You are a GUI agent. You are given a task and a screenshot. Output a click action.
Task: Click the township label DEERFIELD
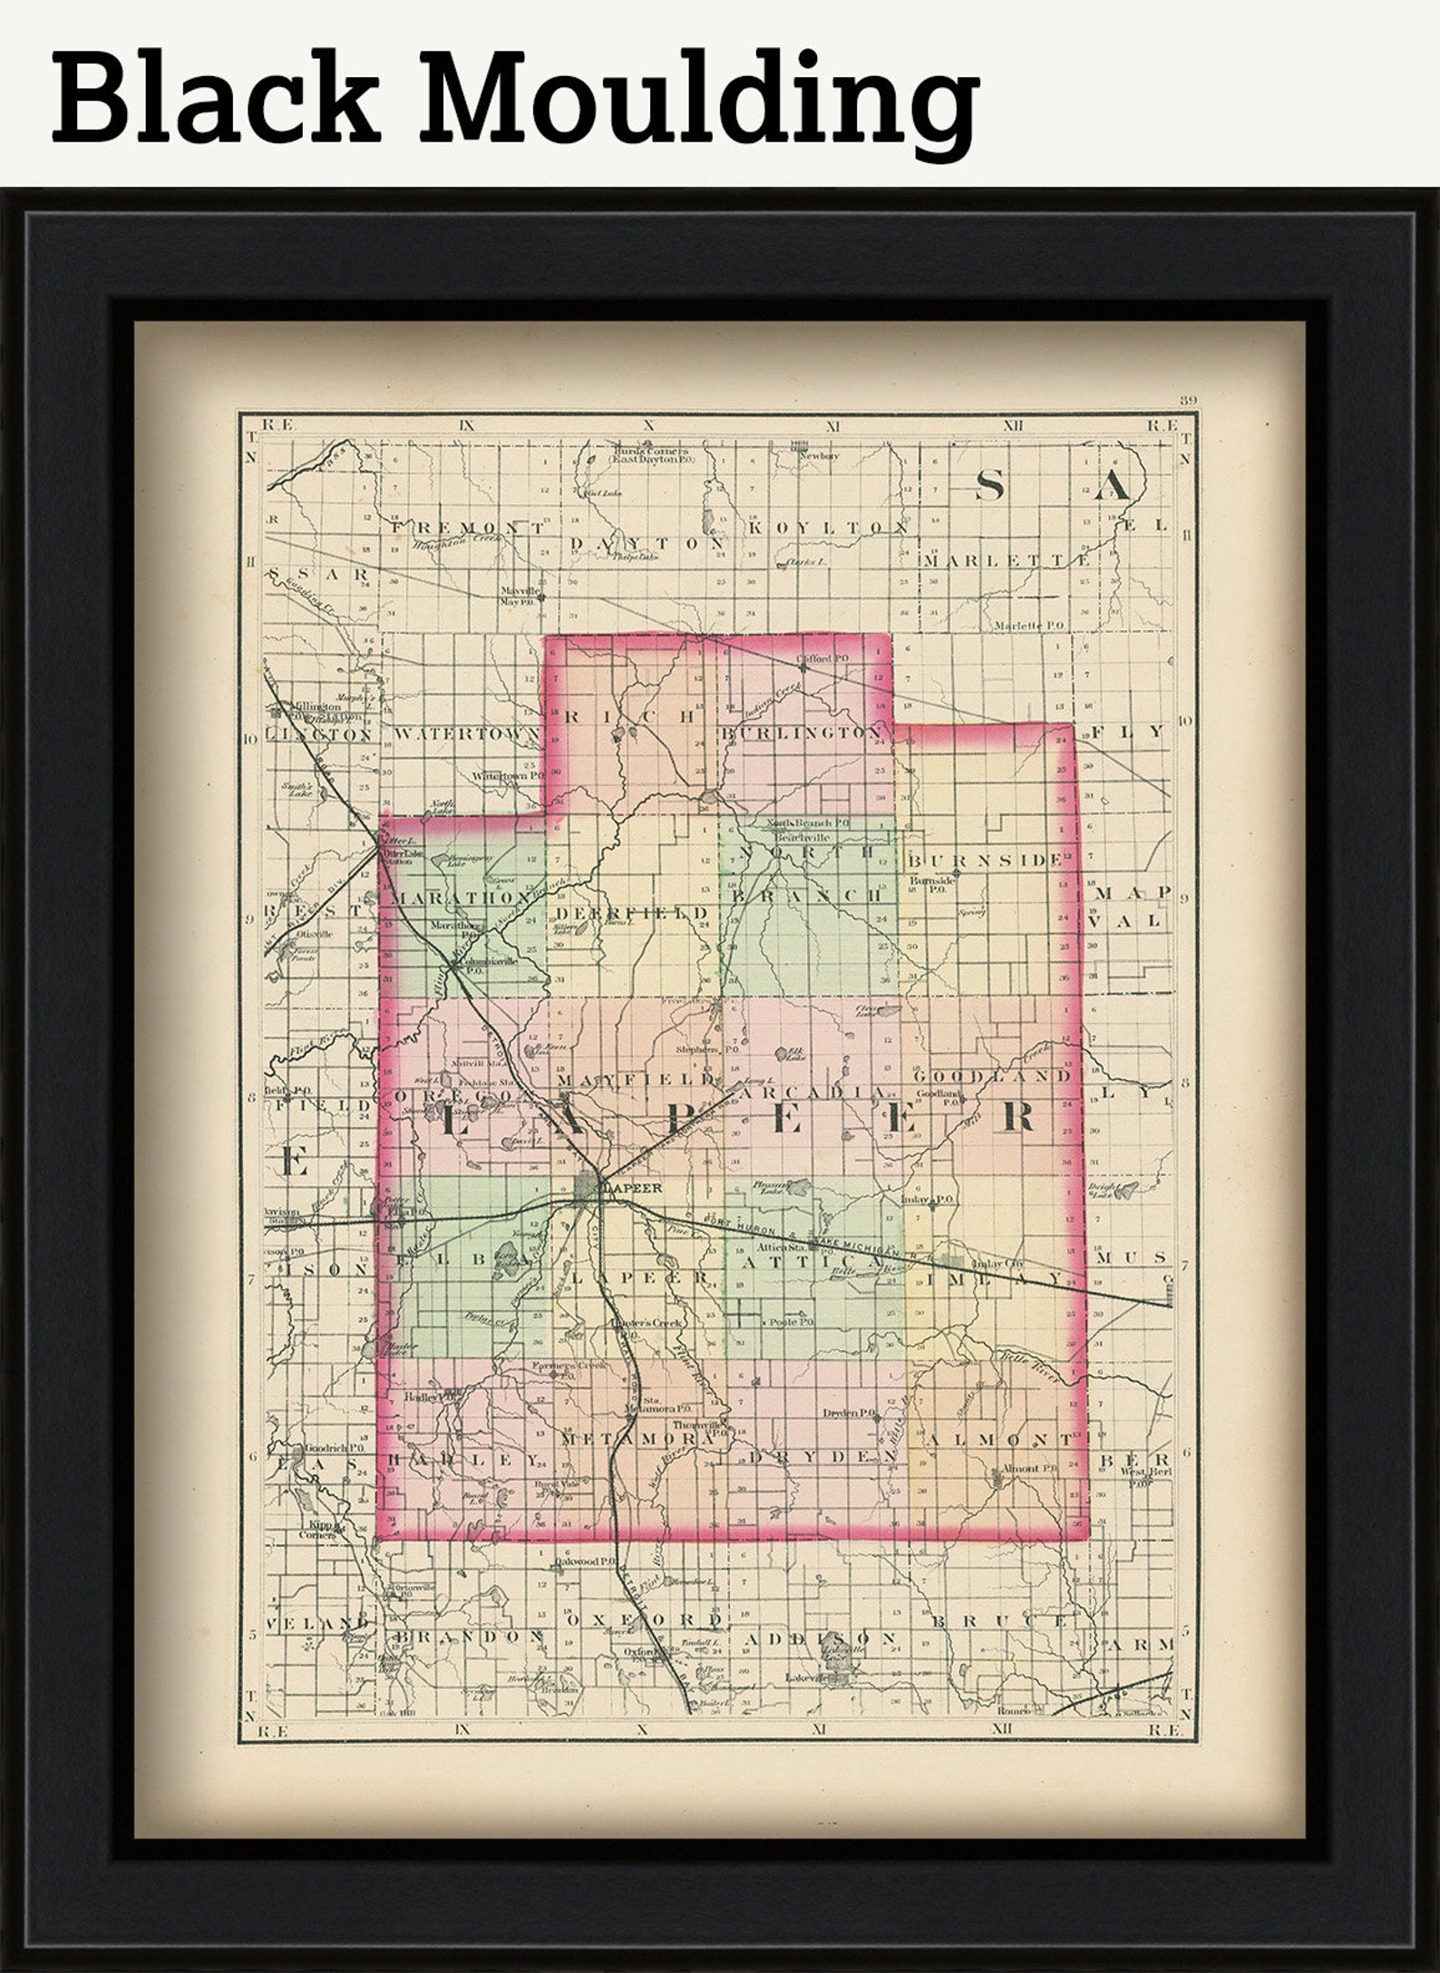click(x=632, y=912)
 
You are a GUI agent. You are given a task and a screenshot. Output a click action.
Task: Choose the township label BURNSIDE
click(x=985, y=859)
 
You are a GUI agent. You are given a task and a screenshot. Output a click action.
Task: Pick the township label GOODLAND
click(x=992, y=1075)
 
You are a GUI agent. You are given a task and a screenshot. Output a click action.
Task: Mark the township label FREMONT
click(x=469, y=527)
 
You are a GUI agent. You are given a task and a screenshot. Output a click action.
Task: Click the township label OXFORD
click(x=645, y=1619)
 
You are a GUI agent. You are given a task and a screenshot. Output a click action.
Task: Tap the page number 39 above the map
click(x=1188, y=401)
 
